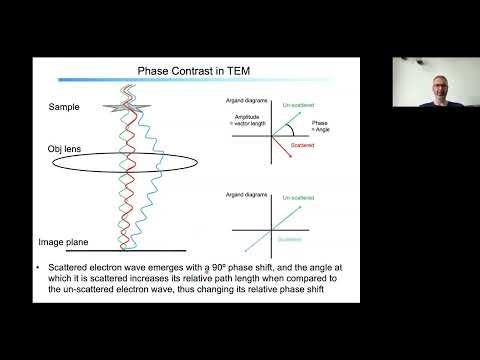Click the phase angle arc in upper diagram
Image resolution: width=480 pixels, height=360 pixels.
[x=290, y=128]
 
